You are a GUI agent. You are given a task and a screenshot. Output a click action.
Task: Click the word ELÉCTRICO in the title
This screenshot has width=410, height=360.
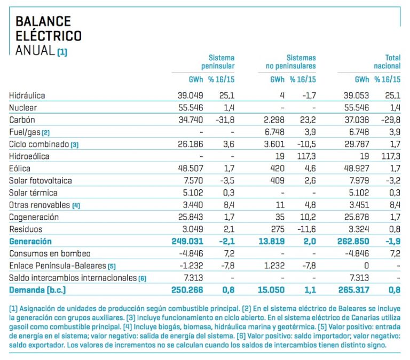pyautogui.click(x=49, y=36)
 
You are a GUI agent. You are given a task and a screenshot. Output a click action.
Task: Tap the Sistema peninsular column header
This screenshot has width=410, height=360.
pyautogui.click(x=218, y=62)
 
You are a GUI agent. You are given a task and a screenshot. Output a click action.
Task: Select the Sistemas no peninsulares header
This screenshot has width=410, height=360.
pyautogui.click(x=291, y=62)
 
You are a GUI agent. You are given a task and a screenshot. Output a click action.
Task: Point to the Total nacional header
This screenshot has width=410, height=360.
pyautogui.click(x=387, y=62)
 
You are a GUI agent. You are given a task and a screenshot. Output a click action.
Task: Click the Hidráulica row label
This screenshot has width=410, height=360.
pyautogui.click(x=27, y=95)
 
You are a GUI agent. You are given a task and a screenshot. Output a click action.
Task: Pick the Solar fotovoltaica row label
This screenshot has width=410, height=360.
pyautogui.click(x=40, y=180)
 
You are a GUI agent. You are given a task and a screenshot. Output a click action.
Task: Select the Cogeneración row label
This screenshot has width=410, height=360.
pyautogui.click(x=34, y=218)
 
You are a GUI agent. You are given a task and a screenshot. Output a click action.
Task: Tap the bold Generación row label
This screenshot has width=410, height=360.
pyautogui.click(x=30, y=242)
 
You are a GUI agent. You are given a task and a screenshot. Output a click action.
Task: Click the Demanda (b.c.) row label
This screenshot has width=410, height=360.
pyautogui.click(x=37, y=290)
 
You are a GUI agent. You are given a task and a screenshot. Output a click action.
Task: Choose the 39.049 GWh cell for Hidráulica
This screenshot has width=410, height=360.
pyautogui.click(x=190, y=95)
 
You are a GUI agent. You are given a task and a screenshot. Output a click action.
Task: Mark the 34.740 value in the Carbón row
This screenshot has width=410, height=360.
pyautogui.click(x=191, y=120)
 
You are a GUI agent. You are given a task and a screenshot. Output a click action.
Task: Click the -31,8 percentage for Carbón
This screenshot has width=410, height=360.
pyautogui.click(x=225, y=120)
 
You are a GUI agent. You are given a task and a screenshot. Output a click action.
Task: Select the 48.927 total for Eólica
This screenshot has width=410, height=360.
pyautogui.click(x=357, y=169)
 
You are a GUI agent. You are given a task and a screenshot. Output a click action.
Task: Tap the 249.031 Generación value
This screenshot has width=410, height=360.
pyautogui.click(x=187, y=242)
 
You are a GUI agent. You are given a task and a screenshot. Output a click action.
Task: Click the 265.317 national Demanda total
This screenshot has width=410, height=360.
pyautogui.click(x=353, y=290)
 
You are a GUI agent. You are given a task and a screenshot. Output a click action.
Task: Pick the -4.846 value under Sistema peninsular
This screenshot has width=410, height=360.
pyautogui.click(x=191, y=254)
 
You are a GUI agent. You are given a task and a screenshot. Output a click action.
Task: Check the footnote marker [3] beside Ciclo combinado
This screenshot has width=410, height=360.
pyautogui.click(x=75, y=145)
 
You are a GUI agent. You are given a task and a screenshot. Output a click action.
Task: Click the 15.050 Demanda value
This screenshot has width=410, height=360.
pyautogui.click(x=271, y=290)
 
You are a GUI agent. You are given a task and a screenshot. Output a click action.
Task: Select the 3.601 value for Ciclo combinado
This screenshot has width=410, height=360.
pyautogui.click(x=274, y=144)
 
